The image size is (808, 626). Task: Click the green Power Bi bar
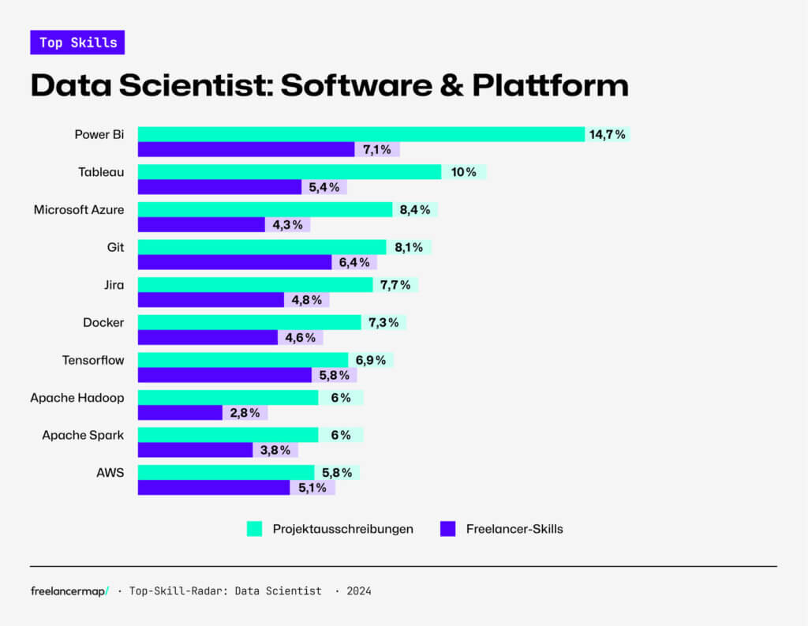tap(361, 134)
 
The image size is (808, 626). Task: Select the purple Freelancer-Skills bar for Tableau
tap(219, 187)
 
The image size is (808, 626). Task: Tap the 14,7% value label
tap(607, 134)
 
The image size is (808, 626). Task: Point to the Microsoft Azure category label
tap(79, 210)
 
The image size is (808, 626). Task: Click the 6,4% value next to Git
tap(354, 262)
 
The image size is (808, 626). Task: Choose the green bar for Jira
tap(255, 285)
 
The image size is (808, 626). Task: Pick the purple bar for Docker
tap(208, 338)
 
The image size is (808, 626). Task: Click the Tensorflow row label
tap(93, 360)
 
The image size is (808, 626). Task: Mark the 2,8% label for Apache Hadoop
tap(245, 413)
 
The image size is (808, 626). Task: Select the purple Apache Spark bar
tap(195, 450)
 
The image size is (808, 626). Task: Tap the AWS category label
tap(110, 473)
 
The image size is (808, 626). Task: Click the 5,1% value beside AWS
tap(312, 488)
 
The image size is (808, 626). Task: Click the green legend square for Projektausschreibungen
tap(254, 529)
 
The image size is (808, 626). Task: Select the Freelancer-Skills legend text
tap(513, 529)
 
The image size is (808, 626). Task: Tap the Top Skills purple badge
tap(77, 43)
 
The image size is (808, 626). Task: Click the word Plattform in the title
tap(550, 86)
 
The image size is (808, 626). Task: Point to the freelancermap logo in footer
tap(69, 591)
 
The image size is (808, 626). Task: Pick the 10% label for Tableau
tap(463, 172)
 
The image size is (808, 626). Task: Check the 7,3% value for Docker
tap(383, 322)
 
